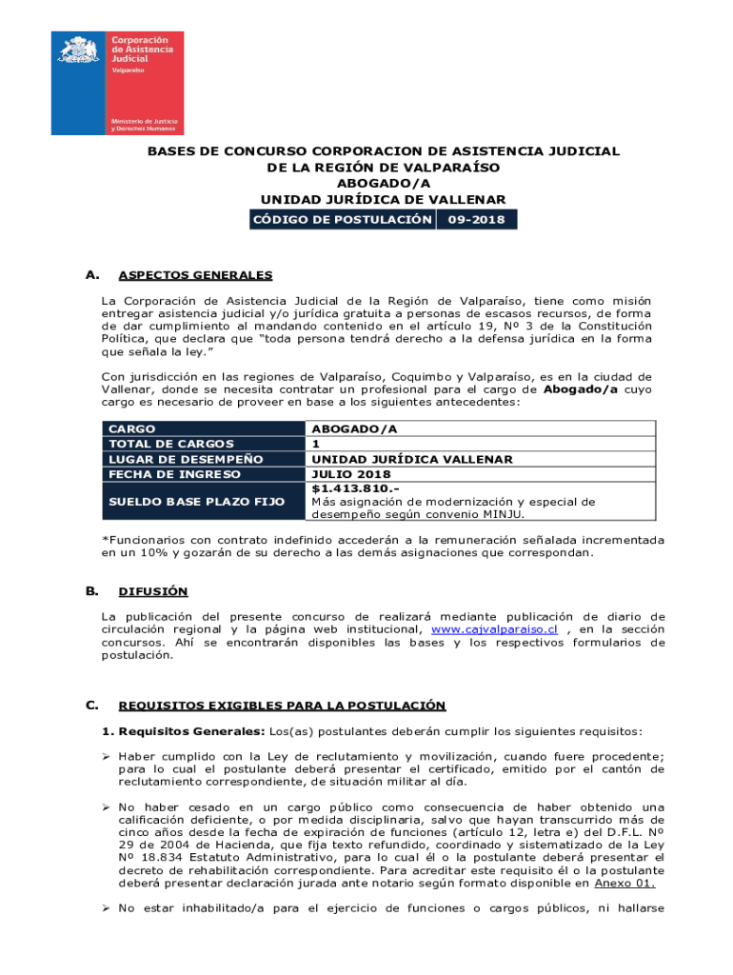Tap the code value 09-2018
tap(478, 220)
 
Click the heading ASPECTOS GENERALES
tap(195, 276)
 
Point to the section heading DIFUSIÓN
tap(153, 591)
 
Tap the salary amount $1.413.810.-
tap(349, 488)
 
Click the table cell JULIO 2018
tap(351, 473)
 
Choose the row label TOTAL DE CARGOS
tap(171, 444)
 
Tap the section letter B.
tap(90, 590)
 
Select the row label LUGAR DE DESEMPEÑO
tap(186, 459)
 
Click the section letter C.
tap(90, 705)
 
